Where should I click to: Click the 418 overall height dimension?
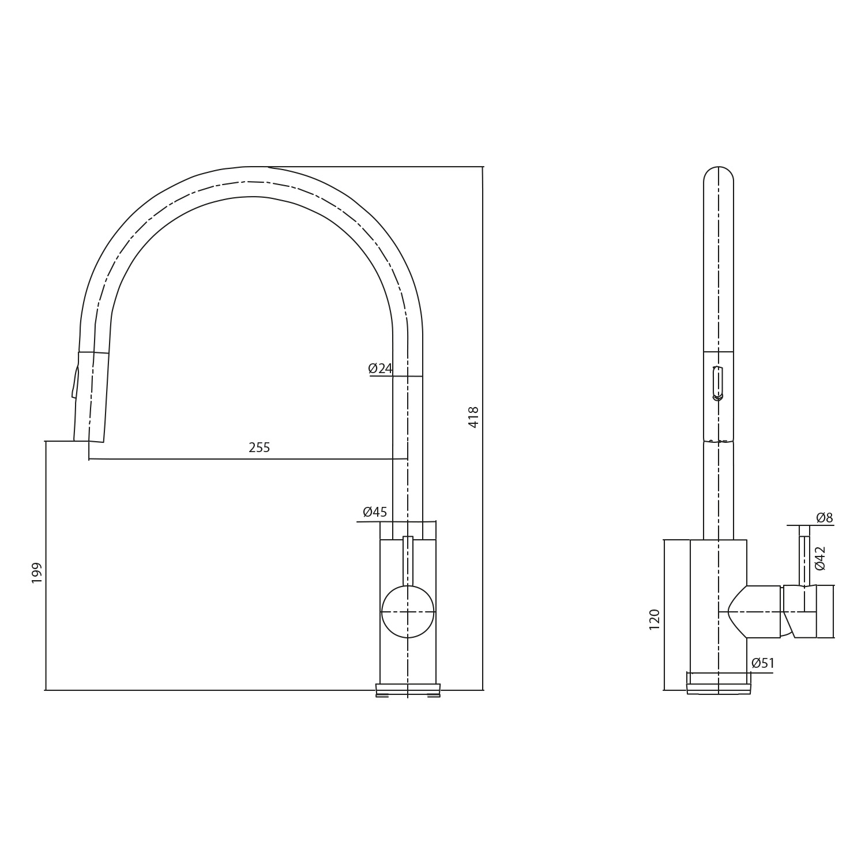click(x=473, y=416)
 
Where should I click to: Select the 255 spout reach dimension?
click(x=259, y=447)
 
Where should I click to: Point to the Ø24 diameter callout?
click(x=380, y=368)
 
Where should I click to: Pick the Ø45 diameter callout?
click(x=375, y=512)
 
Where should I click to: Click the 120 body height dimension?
click(x=654, y=619)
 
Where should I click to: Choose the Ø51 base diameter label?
click(x=762, y=663)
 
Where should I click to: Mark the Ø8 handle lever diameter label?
click(x=824, y=518)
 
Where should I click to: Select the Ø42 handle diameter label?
click(x=820, y=558)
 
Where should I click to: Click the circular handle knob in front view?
click(x=408, y=612)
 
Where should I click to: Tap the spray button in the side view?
click(x=718, y=383)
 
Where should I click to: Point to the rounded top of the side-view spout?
click(x=719, y=173)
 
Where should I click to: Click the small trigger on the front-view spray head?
click(x=75, y=382)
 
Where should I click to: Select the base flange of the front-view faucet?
click(x=408, y=690)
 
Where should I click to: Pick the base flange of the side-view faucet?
click(x=719, y=688)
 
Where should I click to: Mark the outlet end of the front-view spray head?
click(x=89, y=441)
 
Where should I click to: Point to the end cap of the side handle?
click(x=825, y=611)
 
